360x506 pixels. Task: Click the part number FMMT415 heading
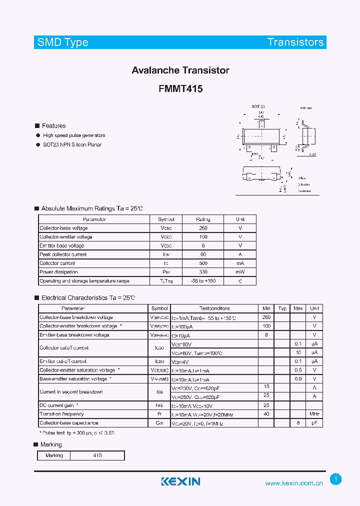[x=180, y=89]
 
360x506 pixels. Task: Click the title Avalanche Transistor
[x=180, y=70]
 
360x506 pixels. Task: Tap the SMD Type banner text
[x=63, y=42]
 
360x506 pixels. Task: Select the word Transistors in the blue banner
[x=295, y=42]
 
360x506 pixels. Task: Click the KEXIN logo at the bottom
[x=180, y=481]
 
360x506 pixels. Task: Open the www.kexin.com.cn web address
[x=294, y=483]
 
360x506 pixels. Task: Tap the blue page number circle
[x=336, y=479]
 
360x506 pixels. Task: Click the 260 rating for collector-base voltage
[x=203, y=228]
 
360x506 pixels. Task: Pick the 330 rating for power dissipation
[x=203, y=272]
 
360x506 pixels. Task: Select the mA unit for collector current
[x=240, y=263]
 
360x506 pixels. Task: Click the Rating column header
[x=203, y=219]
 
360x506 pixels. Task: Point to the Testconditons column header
[x=214, y=308]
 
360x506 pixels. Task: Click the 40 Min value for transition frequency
[x=266, y=414]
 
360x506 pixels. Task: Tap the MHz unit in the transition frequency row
[x=314, y=414]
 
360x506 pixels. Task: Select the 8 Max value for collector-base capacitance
[x=298, y=423]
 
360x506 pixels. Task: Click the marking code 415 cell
[x=97, y=455]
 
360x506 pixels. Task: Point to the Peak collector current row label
[x=63, y=254]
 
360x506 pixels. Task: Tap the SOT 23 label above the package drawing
[x=258, y=107]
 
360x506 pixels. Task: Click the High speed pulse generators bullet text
[x=74, y=135]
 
